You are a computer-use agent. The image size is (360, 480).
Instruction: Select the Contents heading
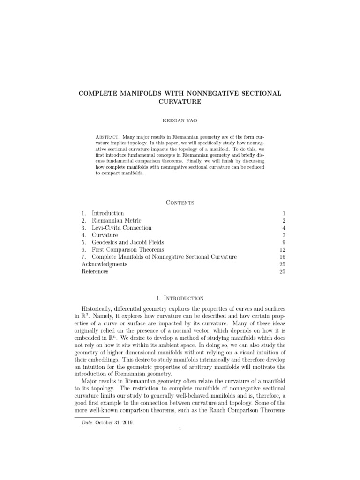(x=180, y=202)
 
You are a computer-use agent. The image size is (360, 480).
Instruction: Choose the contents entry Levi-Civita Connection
(x=121, y=228)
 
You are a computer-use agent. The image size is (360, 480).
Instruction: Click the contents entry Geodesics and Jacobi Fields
(x=127, y=242)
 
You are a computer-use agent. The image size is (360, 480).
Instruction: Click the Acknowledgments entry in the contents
(x=104, y=264)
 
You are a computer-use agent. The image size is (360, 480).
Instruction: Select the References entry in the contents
(x=95, y=271)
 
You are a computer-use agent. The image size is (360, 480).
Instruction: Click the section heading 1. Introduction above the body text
(x=180, y=298)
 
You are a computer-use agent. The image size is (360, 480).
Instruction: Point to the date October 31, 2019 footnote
(x=122, y=423)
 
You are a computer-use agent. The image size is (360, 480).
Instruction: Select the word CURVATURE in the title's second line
(x=180, y=102)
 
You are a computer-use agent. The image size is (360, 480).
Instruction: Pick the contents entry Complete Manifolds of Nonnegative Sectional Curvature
(x=164, y=257)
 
